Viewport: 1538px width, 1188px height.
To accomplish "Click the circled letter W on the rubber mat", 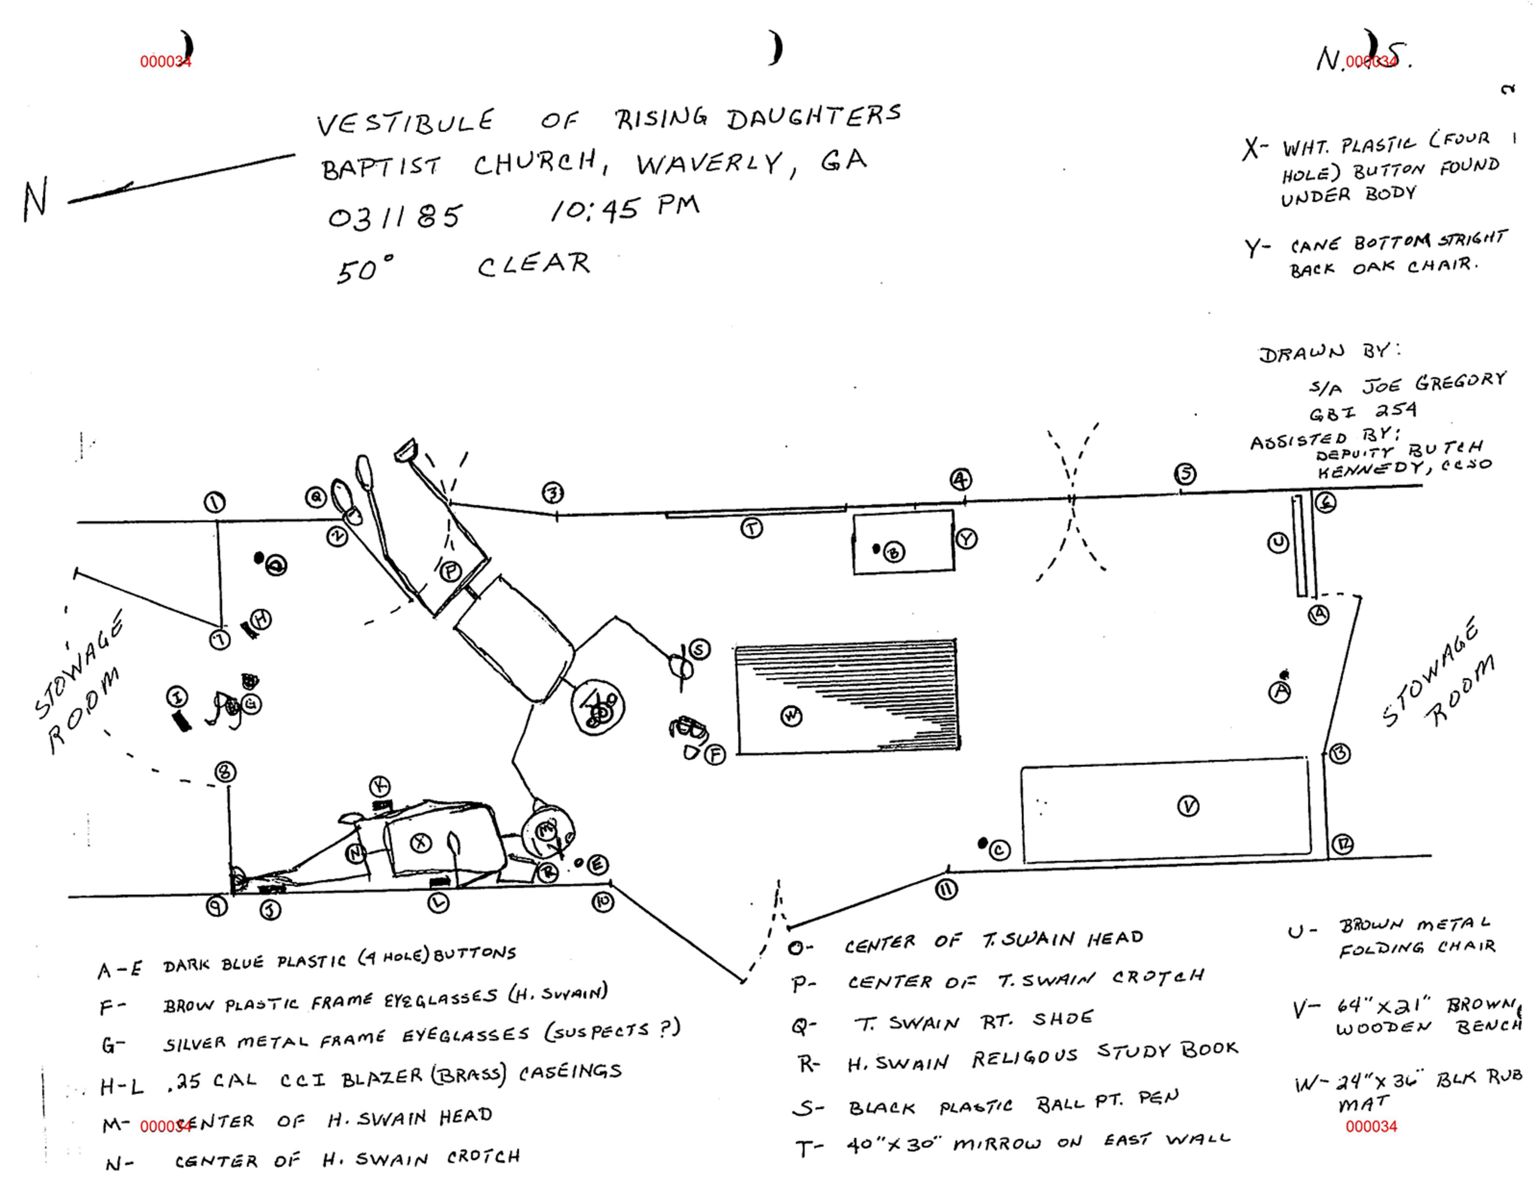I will tap(791, 717).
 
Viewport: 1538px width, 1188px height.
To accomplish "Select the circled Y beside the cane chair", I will tap(966, 539).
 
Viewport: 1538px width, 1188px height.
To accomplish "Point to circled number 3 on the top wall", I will tap(553, 493).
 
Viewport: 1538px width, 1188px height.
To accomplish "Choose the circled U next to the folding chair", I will tap(1278, 543).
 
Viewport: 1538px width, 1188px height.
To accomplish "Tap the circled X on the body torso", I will tap(421, 843).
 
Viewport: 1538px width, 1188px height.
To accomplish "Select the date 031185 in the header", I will tap(395, 216).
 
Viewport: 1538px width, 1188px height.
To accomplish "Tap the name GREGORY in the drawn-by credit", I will tap(1461, 381).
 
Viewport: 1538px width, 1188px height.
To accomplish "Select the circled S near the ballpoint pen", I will tap(699, 649).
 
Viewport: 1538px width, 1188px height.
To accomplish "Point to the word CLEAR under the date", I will tap(534, 264).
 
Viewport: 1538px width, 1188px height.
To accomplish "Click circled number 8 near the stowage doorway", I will tap(225, 772).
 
